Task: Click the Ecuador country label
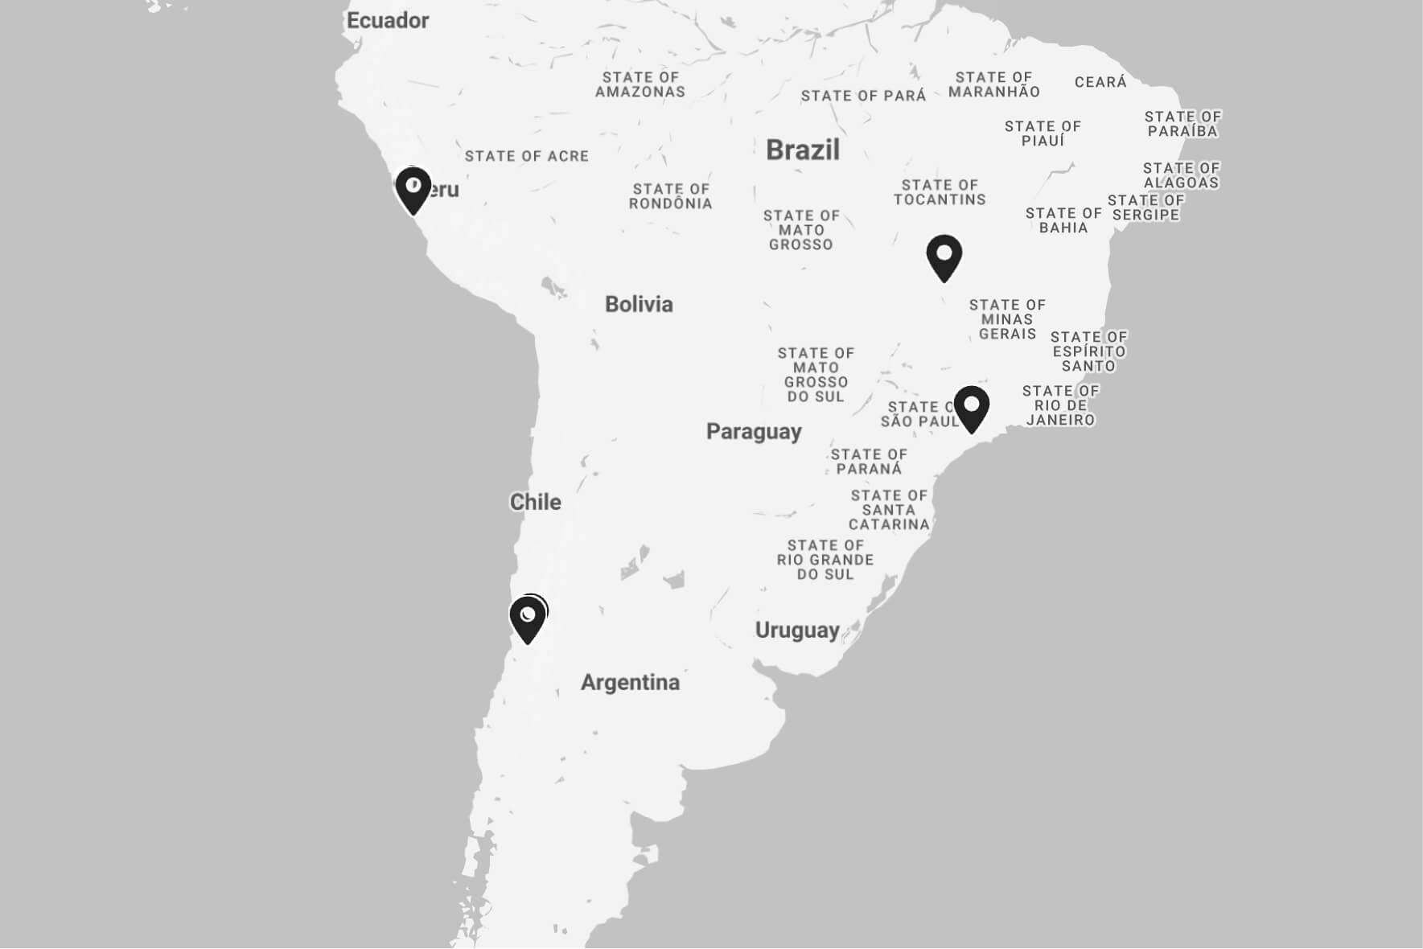[x=387, y=21]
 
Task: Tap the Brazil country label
[x=802, y=150]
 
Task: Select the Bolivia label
[x=639, y=304]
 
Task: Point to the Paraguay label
[x=754, y=432]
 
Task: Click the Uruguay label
[x=796, y=630]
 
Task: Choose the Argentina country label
[x=630, y=683]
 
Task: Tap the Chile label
[x=535, y=502]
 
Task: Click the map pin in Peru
[x=413, y=189]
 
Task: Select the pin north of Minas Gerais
[x=944, y=257]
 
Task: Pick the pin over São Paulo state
[x=972, y=407]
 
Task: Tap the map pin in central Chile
[x=528, y=618]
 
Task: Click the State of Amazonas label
[x=640, y=84]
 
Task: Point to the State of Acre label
[x=527, y=156]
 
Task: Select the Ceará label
[x=1100, y=82]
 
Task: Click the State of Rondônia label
[x=670, y=196]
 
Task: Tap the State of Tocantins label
[x=940, y=192]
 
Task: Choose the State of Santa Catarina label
[x=889, y=510]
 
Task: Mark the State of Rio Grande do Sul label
[x=825, y=560]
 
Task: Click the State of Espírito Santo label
[x=1088, y=351]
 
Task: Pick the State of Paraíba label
[x=1182, y=124]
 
